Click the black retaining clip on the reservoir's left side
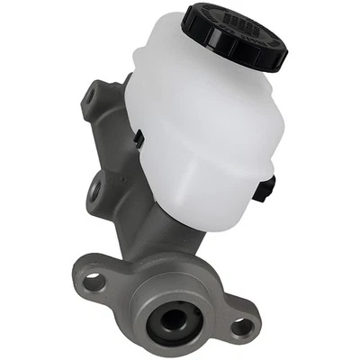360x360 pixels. (x=139, y=140)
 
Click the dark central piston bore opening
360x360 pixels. (x=173, y=319)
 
